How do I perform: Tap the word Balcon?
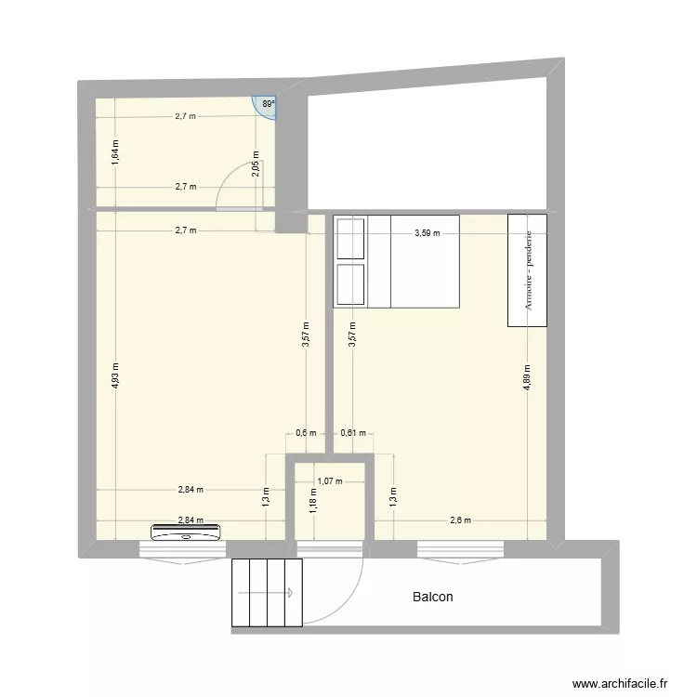(x=433, y=597)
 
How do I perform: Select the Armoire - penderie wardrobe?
(x=528, y=270)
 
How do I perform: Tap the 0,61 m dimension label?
(x=353, y=432)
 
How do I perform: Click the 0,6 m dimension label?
(x=306, y=432)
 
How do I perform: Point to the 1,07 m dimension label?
(x=330, y=481)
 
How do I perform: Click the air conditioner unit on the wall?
(x=186, y=532)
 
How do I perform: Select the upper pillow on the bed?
(x=350, y=239)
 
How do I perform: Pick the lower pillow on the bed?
(x=350, y=283)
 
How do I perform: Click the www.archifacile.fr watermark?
(x=620, y=683)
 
